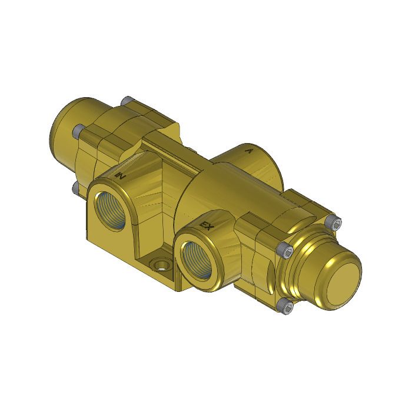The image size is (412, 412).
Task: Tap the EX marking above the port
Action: [x=207, y=225]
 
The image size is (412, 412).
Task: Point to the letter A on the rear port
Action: [x=249, y=151]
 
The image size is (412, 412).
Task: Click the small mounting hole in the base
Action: [x=158, y=263]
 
